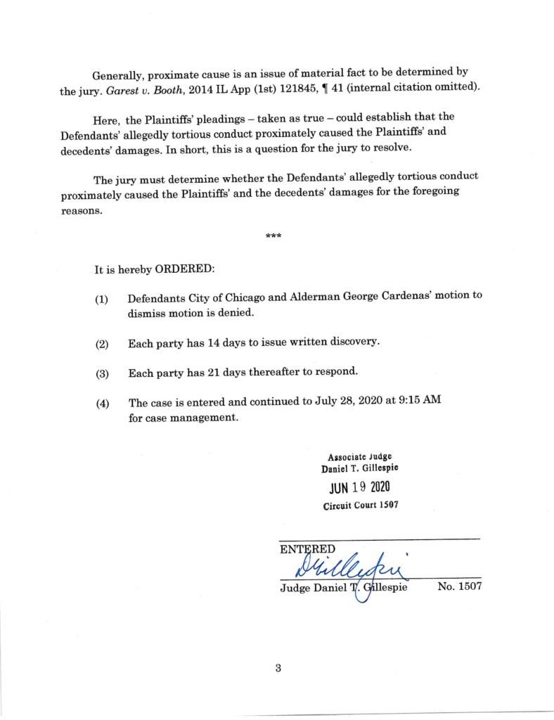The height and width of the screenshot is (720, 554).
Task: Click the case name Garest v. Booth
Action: pos(121,87)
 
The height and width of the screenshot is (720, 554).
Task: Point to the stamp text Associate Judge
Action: pos(359,456)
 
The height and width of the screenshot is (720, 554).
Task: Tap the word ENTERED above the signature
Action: pos(307,548)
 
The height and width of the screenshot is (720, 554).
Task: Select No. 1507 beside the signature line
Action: pos(459,586)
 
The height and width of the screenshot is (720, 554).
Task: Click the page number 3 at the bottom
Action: pos(278,668)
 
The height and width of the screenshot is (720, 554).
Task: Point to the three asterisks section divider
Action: pos(273,236)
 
